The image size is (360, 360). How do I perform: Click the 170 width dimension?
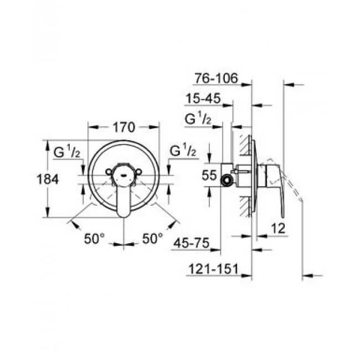tap(124, 127)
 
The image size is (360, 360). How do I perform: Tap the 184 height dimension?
tap(48, 179)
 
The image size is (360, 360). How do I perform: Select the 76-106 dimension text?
tap(216, 78)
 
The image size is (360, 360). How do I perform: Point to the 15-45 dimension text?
tap(203, 99)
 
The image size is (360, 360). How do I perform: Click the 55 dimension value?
tap(209, 175)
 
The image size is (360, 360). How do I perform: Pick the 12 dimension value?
tap(278, 228)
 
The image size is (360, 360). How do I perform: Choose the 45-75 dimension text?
tap(192, 243)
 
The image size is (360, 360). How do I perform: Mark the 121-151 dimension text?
tap(214, 269)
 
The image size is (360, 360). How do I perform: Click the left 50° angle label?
tap(94, 238)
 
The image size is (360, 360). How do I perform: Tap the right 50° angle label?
tap(152, 238)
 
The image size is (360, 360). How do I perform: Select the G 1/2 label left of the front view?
tap(67, 151)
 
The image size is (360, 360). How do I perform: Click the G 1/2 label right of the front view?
tap(183, 150)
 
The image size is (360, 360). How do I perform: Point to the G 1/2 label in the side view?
tap(198, 119)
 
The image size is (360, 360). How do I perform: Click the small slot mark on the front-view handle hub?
tap(124, 176)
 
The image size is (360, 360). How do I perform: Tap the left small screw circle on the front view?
tap(109, 172)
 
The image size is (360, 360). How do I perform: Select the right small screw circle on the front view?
tap(139, 172)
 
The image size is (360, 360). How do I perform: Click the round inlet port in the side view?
tap(227, 180)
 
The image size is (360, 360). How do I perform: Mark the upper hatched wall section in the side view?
tap(246, 145)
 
